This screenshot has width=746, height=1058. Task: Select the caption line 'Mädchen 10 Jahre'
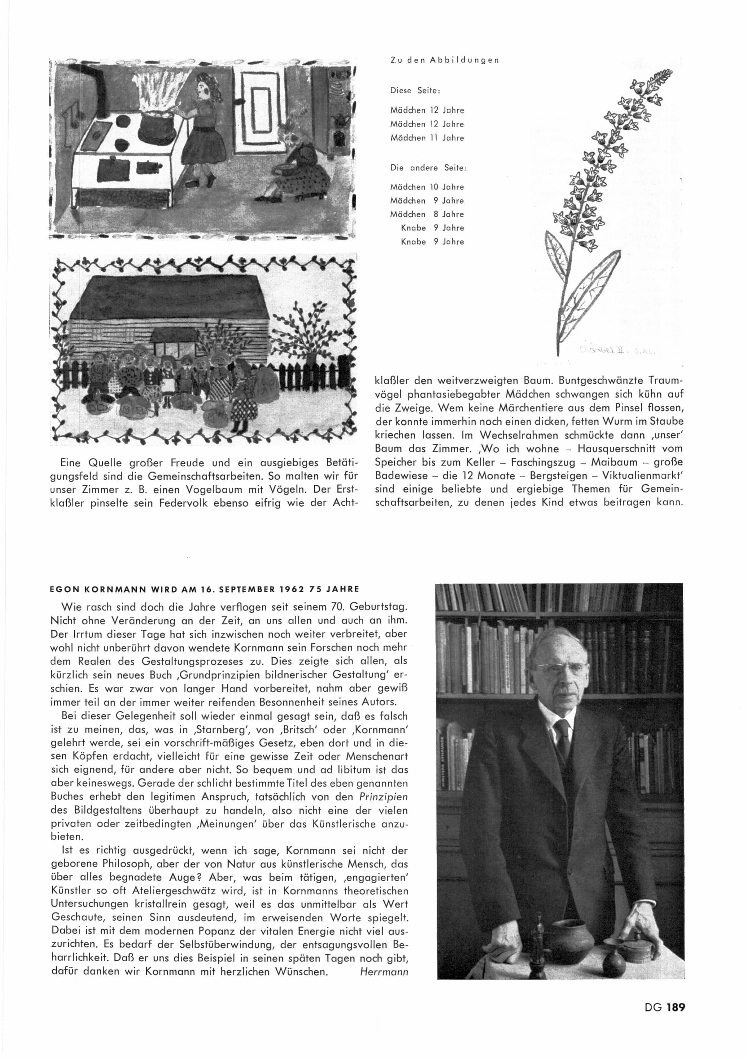(427, 187)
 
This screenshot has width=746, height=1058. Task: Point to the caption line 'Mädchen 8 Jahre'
(427, 214)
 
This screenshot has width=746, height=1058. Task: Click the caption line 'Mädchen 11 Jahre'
(427, 138)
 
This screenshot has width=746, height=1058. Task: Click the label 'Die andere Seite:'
(429, 168)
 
